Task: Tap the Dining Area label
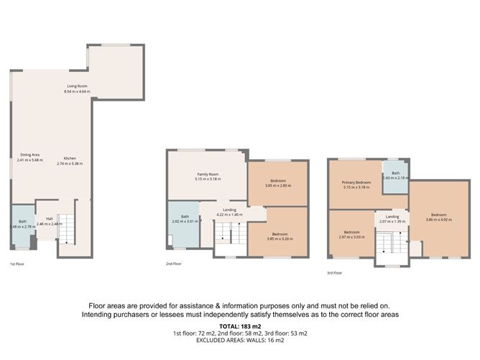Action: [x=30, y=156]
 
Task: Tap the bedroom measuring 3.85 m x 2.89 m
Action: [x=278, y=183]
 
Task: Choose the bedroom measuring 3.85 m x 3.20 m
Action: [x=278, y=236]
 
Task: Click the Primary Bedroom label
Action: [x=357, y=185]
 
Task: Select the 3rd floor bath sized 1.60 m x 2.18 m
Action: [x=395, y=175]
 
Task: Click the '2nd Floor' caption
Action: [x=175, y=264]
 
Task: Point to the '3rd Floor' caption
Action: [x=334, y=273]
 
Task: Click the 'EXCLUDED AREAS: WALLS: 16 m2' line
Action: [x=239, y=341]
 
